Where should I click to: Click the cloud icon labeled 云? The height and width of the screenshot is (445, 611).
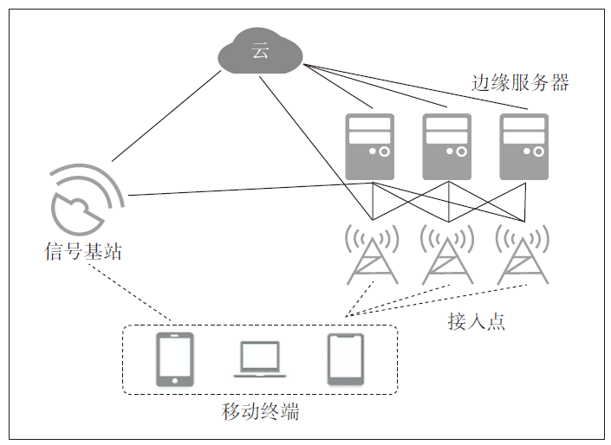[x=260, y=50]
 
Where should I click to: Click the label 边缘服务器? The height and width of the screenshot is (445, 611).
[x=520, y=83]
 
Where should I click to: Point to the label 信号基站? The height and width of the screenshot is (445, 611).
[x=83, y=252]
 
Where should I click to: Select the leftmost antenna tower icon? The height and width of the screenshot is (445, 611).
[x=372, y=255]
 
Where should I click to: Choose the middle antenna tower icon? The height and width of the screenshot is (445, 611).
[x=447, y=255]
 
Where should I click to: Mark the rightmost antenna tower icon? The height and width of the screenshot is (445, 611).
[x=522, y=255]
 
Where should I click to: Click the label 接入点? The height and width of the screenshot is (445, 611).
[x=476, y=322]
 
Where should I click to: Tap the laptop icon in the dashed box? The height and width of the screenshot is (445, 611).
[x=260, y=359]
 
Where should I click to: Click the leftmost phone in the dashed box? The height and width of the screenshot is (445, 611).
[x=174, y=358]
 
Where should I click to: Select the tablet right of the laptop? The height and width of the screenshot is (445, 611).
[x=345, y=358]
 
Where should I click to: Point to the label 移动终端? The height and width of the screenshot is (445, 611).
[x=260, y=412]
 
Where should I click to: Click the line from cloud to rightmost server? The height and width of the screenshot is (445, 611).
[x=416, y=87]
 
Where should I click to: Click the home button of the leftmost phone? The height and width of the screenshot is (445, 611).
[x=174, y=379]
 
